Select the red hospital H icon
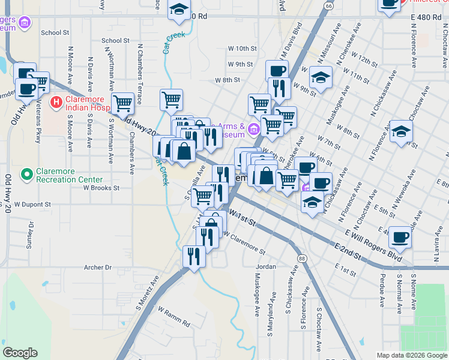(x=56, y=102)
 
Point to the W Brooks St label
(x=101, y=187)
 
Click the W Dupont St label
(x=34, y=204)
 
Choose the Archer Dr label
(x=98, y=267)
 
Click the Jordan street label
(x=266, y=266)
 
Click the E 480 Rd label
(x=426, y=17)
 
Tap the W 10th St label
(x=243, y=48)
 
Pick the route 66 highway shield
(x=328, y=5)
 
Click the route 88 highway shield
(x=301, y=257)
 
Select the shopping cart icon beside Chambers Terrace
(x=123, y=103)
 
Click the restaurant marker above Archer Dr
(x=194, y=256)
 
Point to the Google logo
(x=20, y=353)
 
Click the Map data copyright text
(x=412, y=355)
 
